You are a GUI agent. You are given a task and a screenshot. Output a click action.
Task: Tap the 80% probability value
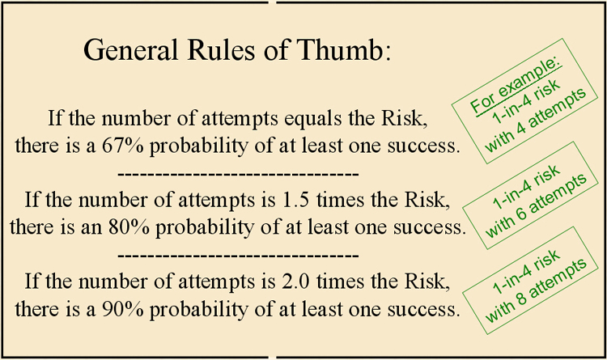pyautogui.click(x=129, y=227)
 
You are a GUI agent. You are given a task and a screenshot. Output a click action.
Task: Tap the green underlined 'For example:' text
pyautogui.click(x=516, y=86)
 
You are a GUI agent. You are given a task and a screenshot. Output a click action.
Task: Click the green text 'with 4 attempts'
pyautogui.click(x=536, y=120)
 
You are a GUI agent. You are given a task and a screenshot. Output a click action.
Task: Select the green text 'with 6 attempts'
pyautogui.click(x=536, y=205)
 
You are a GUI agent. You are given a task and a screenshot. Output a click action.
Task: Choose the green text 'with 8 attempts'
pyautogui.click(x=536, y=290)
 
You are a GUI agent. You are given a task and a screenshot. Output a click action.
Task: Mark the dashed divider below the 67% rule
pyautogui.click(x=238, y=174)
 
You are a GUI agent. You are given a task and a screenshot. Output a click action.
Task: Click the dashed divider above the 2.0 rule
pyautogui.click(x=238, y=256)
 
